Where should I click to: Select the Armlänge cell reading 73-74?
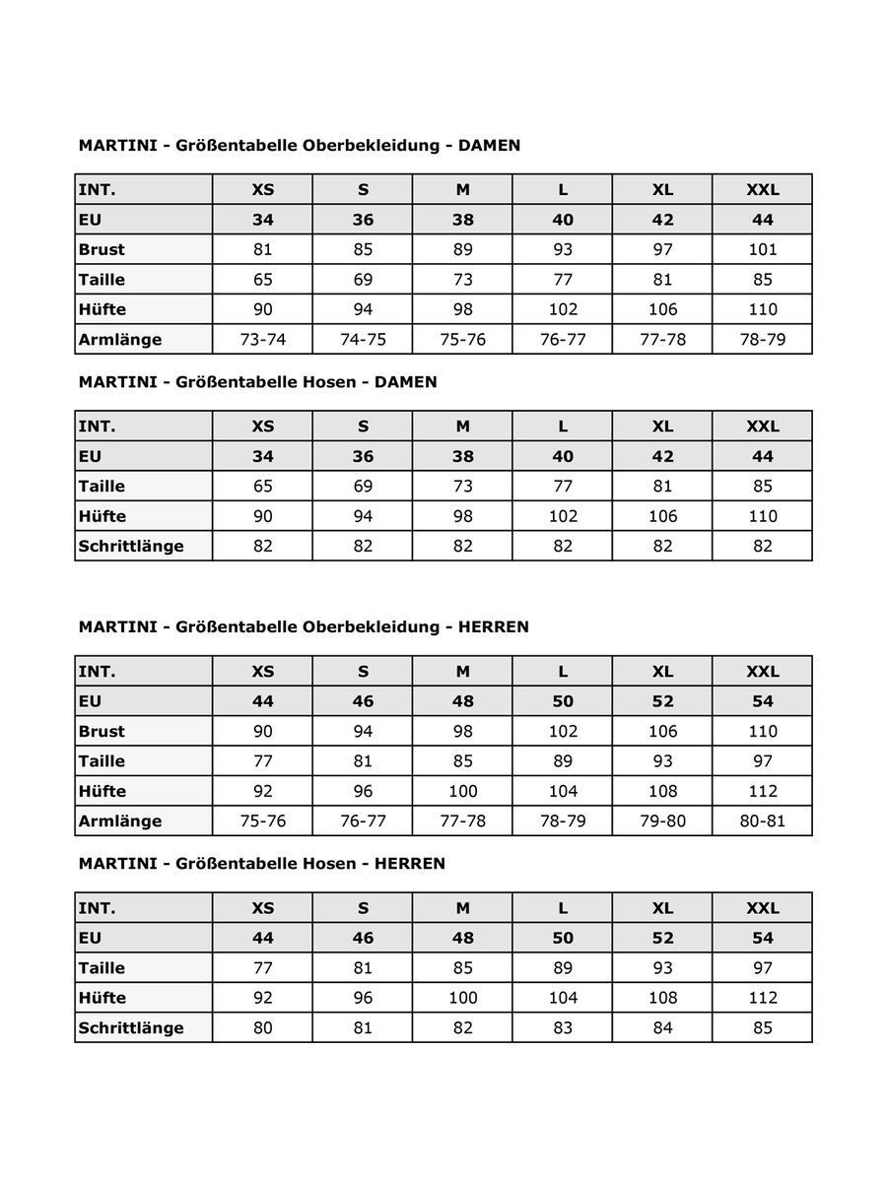(262, 339)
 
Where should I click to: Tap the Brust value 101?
(762, 249)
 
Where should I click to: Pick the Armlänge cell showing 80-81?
(762, 821)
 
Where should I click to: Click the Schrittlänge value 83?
(563, 1027)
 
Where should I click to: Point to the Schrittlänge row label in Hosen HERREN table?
(131, 1027)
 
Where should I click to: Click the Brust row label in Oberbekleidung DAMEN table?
(102, 249)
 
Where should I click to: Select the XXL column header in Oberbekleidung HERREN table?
(762, 671)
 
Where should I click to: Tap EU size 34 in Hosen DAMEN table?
(262, 456)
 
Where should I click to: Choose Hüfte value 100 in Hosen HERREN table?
(462, 997)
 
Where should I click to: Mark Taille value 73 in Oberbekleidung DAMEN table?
(462, 279)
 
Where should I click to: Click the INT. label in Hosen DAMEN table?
(97, 427)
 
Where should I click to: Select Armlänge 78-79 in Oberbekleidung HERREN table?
(563, 821)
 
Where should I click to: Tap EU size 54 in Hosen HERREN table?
(762, 938)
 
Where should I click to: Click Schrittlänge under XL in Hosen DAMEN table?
(662, 546)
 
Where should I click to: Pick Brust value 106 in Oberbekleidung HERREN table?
(662, 731)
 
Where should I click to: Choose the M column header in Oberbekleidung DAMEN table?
(462, 189)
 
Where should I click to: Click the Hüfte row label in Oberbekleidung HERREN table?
(102, 791)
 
